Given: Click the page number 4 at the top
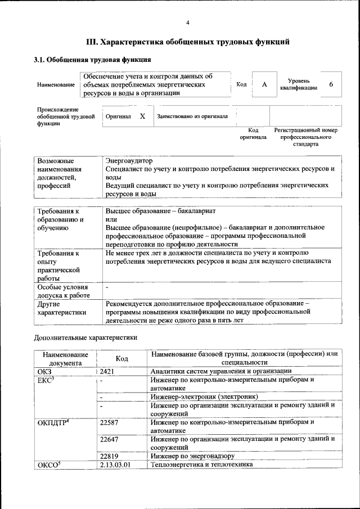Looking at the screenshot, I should point(188,22).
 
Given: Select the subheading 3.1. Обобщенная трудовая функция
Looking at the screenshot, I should point(92,59).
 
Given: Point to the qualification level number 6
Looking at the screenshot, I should point(331,84).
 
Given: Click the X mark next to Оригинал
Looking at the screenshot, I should point(142,116).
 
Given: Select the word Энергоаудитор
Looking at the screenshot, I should point(129,161).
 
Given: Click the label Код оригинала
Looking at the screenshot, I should point(253,133).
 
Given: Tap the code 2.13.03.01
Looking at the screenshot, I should point(115,465).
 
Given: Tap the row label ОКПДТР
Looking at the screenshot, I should point(52,422).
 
